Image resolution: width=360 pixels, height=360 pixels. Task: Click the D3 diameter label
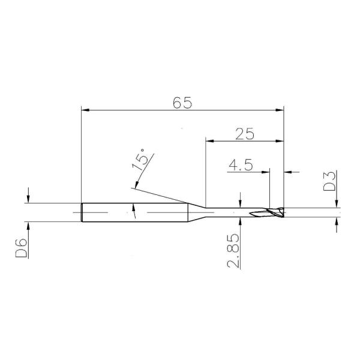click(329, 181)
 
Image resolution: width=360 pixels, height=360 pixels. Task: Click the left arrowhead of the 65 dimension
click(85, 110)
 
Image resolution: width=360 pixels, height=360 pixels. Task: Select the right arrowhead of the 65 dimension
click(279, 110)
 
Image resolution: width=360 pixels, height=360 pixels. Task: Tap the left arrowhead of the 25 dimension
click(209, 142)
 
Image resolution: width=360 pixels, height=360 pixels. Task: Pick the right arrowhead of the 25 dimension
click(279, 142)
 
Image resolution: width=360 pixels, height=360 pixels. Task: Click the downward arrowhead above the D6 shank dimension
click(28, 199)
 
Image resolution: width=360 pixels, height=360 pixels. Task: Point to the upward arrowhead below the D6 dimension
click(28, 226)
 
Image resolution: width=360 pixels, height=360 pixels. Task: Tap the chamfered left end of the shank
click(82, 212)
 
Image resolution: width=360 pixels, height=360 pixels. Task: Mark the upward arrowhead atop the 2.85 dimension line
click(241, 221)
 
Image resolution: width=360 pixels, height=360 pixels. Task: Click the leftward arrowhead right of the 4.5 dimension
click(287, 173)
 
